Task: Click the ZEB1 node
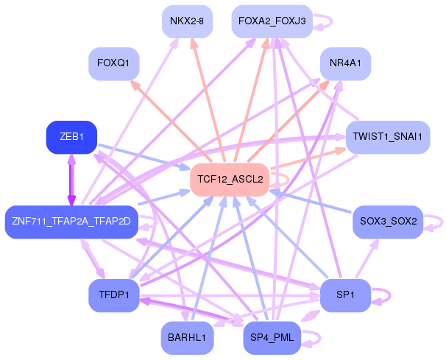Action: coord(71,137)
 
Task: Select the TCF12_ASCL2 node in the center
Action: coord(230,180)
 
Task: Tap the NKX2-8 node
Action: coord(187,21)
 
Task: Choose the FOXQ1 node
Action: coord(114,63)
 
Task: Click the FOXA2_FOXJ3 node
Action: coord(272,21)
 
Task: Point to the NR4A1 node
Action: coord(346,63)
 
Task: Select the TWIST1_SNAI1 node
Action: coord(388,137)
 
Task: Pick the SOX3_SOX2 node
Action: coord(388,222)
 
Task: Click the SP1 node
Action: coord(346,295)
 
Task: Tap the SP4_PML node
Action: coord(272,338)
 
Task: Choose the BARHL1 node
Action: coord(187,338)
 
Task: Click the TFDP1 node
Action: coord(114,295)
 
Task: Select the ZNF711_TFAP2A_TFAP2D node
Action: coord(71,222)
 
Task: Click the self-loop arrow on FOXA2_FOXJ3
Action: coord(331,21)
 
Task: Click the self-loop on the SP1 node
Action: coord(389,296)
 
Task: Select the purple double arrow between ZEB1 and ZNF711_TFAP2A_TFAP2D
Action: coord(71,180)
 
